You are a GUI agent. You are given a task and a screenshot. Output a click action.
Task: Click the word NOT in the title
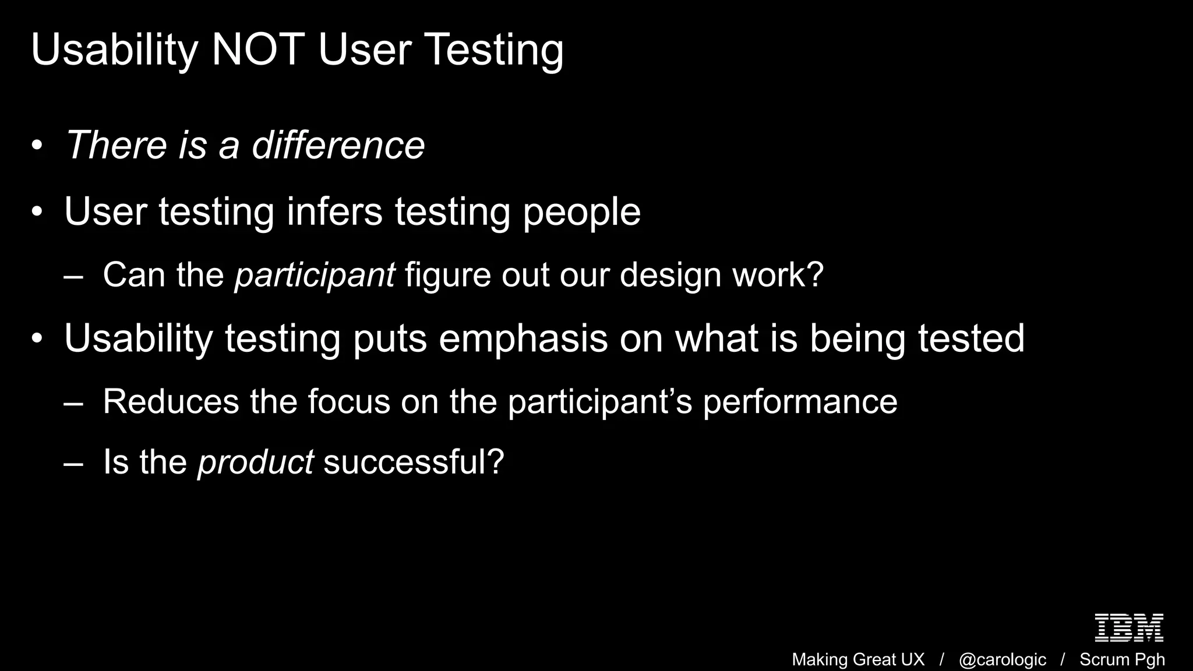click(258, 50)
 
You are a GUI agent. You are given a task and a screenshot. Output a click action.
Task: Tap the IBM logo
click(1129, 627)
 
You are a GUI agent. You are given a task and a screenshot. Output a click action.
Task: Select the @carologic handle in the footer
click(1002, 659)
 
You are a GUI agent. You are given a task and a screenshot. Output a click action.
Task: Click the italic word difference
click(338, 145)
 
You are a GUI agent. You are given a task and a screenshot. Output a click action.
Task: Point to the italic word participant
click(315, 275)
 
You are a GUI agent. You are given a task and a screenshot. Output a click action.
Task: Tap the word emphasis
click(523, 338)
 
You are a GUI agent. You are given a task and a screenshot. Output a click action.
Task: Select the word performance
click(800, 402)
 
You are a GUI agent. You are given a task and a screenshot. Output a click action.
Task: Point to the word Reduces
click(171, 402)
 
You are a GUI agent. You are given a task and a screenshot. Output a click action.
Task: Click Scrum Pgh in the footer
click(1122, 659)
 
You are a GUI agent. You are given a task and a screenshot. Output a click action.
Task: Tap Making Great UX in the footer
click(858, 659)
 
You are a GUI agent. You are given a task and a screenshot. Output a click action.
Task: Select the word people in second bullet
click(581, 212)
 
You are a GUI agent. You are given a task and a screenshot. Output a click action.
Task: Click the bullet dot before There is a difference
click(37, 146)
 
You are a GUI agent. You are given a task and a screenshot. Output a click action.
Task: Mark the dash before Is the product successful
click(73, 464)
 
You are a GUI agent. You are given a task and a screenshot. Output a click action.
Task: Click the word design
click(670, 275)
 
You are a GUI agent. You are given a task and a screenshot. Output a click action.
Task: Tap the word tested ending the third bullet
click(971, 338)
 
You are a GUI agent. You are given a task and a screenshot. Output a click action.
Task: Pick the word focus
click(348, 402)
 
